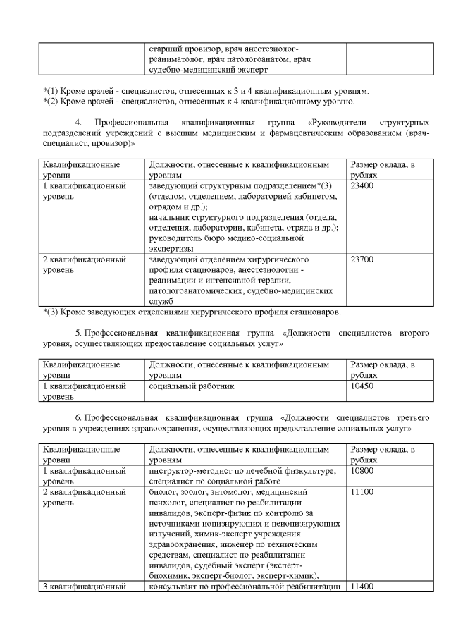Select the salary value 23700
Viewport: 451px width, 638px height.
362,259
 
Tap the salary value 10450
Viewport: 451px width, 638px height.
362,387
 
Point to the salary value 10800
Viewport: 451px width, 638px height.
362,470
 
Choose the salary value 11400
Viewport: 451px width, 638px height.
362,587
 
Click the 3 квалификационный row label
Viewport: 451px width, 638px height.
85,587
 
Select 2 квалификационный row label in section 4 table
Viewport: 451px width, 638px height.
85,259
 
